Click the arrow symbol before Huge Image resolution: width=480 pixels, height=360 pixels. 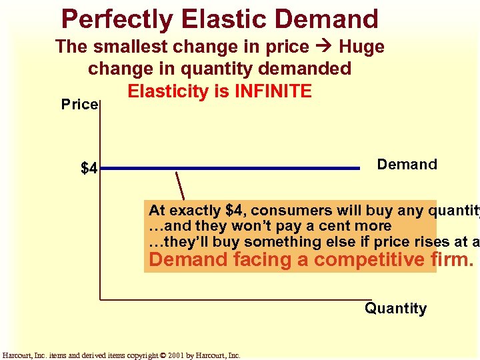pyautogui.click(x=323, y=47)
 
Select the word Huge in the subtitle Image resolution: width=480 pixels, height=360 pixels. pyautogui.click(x=361, y=47)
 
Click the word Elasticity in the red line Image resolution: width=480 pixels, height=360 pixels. pyautogui.click(x=166, y=91)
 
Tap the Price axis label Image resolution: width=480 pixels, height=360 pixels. pyautogui.click(x=79, y=105)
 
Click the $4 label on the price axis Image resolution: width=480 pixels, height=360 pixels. pyautogui.click(x=89, y=169)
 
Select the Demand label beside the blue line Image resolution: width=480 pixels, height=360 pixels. pyautogui.click(x=407, y=165)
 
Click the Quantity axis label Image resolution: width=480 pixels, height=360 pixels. pyautogui.click(x=395, y=309)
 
